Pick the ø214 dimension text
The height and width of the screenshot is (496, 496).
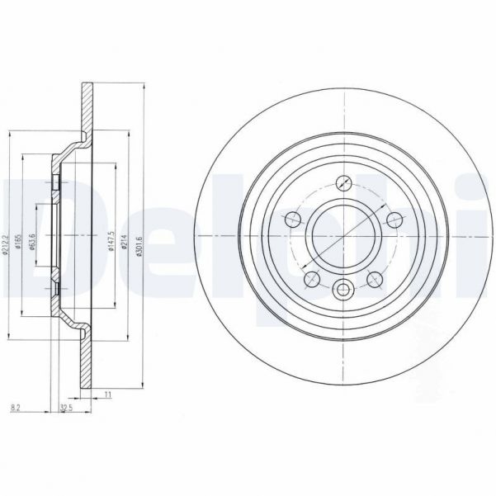coord(125,242)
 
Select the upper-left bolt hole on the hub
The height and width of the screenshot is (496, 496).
coord(292,219)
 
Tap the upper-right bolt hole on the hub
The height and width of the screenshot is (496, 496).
coord(394,219)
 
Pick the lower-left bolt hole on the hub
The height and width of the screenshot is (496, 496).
coord(311,279)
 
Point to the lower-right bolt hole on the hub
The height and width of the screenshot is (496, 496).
coord(375,279)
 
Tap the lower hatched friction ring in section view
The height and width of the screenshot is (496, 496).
coord(86,363)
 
